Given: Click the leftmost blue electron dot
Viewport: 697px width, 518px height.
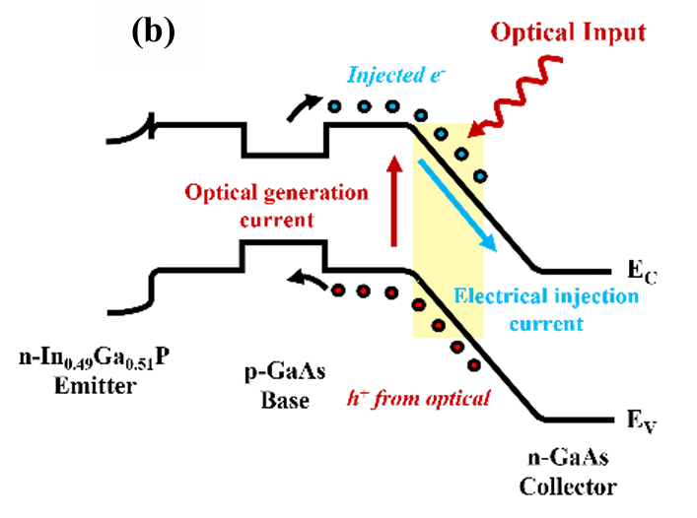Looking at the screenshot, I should click(x=335, y=106).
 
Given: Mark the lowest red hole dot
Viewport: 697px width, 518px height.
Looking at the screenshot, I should click(x=474, y=365).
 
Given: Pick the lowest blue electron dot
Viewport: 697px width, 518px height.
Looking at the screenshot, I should click(x=480, y=176).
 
